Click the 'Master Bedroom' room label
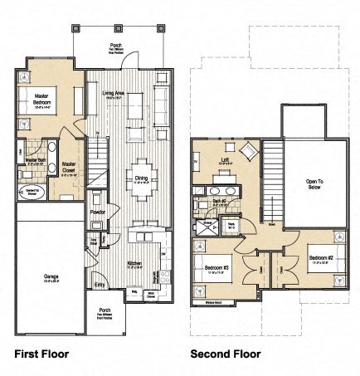pos(41,100)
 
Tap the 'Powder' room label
pos(97,212)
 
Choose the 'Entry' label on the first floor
pos(100,284)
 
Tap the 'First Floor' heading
pos(41,354)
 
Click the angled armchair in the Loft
pos(247,152)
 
